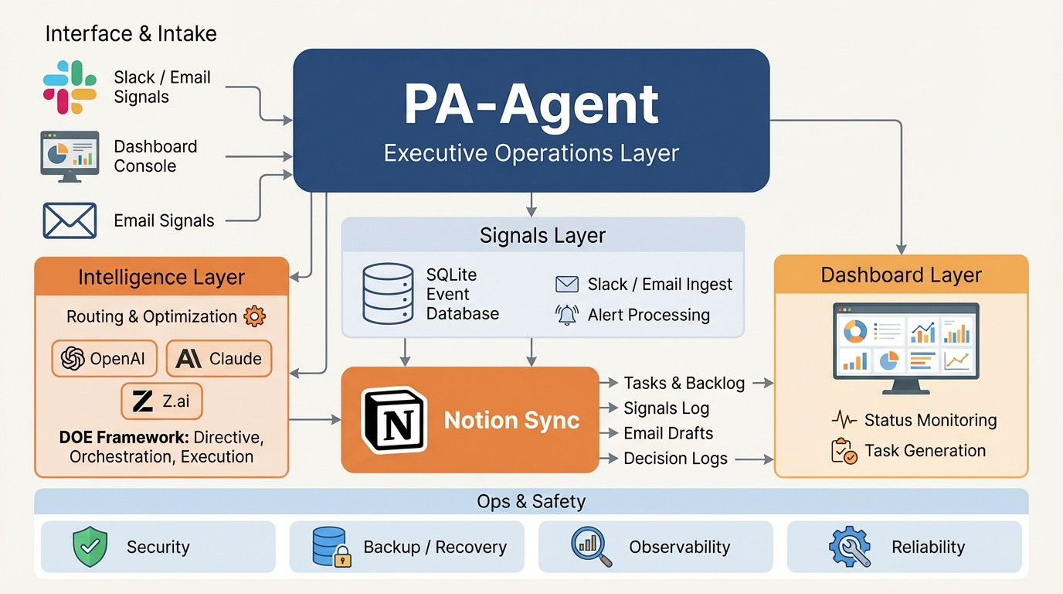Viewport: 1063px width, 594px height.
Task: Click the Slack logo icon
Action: pos(70,87)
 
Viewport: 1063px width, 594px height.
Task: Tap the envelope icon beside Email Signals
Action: pos(70,220)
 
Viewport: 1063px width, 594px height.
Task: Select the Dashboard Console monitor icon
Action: pos(70,155)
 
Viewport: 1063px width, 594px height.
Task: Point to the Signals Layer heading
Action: pos(542,235)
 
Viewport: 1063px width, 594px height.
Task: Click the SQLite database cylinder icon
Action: pos(388,294)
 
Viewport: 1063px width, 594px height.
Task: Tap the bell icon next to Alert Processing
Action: pos(567,315)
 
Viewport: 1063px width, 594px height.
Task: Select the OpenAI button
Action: pos(104,359)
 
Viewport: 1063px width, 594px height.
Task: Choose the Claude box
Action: pos(219,359)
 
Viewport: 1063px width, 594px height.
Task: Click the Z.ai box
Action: pos(161,401)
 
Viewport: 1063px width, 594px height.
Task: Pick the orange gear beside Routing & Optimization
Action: pos(254,316)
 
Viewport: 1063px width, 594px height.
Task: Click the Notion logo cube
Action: pos(394,421)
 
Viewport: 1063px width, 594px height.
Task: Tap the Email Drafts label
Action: pos(668,433)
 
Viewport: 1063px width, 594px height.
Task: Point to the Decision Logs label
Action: pos(675,459)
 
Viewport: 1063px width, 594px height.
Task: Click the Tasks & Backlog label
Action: pos(684,383)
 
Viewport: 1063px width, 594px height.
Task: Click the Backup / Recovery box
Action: pos(406,547)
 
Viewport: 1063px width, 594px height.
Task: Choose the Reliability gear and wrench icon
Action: pos(850,547)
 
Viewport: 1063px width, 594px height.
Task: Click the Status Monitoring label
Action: pos(930,420)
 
